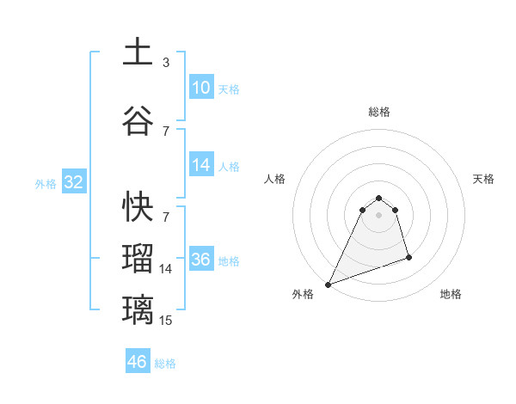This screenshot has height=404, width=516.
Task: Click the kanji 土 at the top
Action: pos(138,52)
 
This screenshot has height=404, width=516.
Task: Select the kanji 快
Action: pos(138,205)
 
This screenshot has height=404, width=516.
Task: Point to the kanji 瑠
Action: pos(138,258)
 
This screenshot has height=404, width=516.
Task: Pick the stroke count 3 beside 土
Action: pos(166,63)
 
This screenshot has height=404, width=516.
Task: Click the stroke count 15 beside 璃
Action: pos(166,321)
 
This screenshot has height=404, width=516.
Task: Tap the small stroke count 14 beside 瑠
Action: pos(166,269)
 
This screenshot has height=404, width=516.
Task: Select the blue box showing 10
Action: pos(201,88)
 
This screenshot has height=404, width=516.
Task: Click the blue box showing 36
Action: pos(201,260)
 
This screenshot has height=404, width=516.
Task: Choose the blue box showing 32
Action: pos(73,182)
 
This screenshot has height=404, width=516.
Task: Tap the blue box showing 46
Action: pos(137,362)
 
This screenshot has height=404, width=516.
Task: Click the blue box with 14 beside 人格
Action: pos(201,165)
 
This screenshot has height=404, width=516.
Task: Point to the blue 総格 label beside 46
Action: pos(165,364)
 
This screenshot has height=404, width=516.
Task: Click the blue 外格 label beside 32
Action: pos(46,183)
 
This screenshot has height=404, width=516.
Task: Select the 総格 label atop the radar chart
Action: pos(378,112)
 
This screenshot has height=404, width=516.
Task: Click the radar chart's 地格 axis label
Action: pos(451,294)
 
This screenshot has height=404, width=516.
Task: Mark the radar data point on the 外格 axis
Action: pos(328,285)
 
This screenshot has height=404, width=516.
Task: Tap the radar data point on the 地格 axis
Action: pos(408,257)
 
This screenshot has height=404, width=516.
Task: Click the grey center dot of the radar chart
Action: pos(378,215)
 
